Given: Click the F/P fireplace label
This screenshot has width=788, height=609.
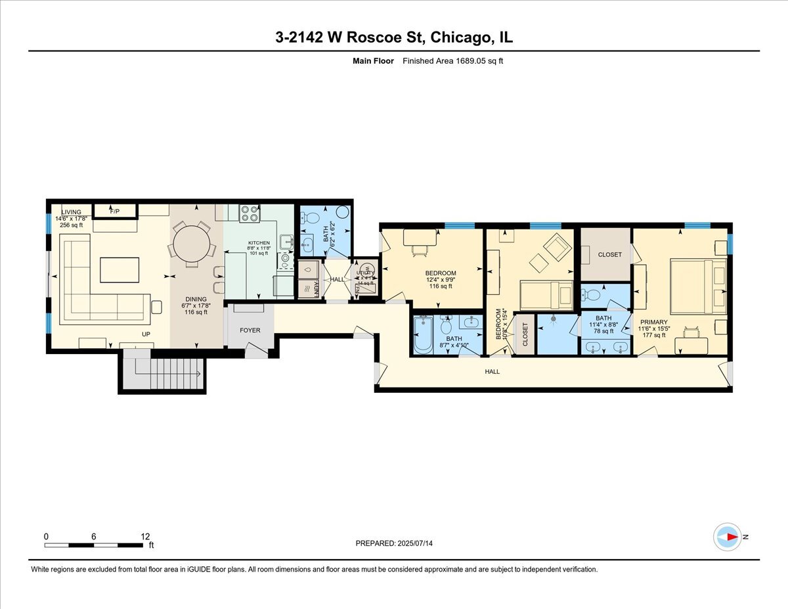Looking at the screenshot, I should [x=115, y=212].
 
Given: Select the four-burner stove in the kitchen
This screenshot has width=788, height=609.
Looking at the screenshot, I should [x=250, y=213].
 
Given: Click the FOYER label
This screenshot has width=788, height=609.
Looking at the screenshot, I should [x=250, y=330].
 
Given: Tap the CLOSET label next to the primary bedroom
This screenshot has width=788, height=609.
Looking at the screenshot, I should [x=610, y=255].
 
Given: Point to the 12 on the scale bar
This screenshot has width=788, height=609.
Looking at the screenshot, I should [x=144, y=536].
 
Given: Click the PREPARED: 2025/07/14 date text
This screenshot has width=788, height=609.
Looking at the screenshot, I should [x=395, y=543].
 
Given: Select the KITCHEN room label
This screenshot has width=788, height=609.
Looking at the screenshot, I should [x=259, y=243].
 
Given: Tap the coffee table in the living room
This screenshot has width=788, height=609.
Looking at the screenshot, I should [x=120, y=269].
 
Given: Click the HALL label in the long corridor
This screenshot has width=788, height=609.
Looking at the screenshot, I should [x=492, y=372].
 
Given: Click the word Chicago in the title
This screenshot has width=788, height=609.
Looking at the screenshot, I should [x=460, y=37].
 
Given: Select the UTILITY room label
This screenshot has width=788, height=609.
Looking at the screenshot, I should [x=364, y=273].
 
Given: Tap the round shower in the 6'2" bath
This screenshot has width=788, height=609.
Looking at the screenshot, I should [x=342, y=212].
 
